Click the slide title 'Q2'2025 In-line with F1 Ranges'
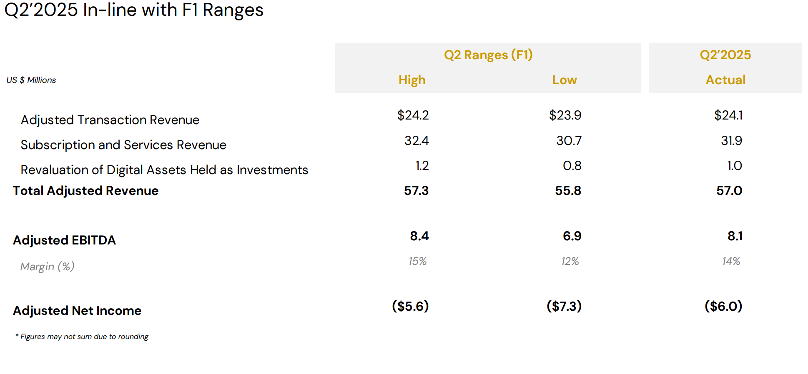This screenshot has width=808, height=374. coord(134,10)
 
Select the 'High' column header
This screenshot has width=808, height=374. coord(412,80)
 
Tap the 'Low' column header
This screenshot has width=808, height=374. coord(565,80)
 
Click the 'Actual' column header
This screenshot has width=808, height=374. coord(725,80)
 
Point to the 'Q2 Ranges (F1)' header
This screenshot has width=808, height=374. coord(488,55)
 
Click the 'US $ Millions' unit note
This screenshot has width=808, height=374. coord(31,80)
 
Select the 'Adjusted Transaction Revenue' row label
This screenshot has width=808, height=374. coord(110,120)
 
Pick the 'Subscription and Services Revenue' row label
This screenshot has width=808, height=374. coord(123,145)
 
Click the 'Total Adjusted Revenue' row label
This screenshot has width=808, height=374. coord(85,191)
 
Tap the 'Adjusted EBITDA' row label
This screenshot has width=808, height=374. coord(64,240)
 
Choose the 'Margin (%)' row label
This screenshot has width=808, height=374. coord(47,267)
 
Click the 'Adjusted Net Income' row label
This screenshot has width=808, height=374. coord(77,311)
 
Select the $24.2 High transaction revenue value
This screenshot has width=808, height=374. coord(413,115)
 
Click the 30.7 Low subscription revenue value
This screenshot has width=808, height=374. coord(569,141)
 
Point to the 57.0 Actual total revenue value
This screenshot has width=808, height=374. coord(729,191)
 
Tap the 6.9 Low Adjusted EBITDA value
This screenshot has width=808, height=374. coord(572,236)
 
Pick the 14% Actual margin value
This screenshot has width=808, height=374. coord(731,261)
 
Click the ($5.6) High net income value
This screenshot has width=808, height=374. coord(410,307)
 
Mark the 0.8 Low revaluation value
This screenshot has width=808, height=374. coord(572,166)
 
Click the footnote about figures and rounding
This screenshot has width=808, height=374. coord(82,337)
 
